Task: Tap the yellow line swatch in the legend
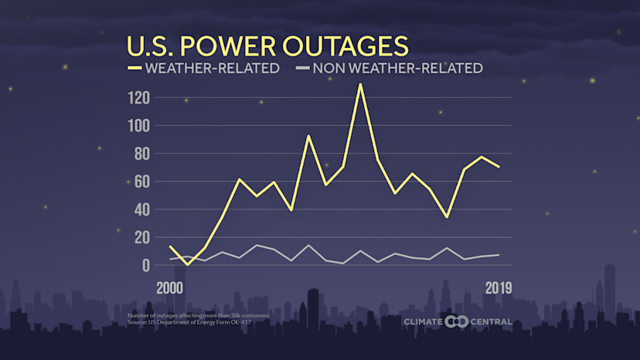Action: (134, 68)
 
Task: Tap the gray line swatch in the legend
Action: (301, 68)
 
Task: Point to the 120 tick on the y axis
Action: (138, 98)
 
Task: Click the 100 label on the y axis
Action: (138, 126)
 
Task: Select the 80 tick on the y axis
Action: (141, 154)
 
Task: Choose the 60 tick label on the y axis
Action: (141, 182)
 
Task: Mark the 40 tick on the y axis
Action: (141, 209)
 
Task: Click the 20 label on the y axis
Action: (141, 237)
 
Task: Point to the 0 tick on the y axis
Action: (145, 265)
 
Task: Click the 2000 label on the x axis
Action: (170, 287)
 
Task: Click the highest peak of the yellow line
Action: (360, 84)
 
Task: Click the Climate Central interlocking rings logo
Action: (457, 321)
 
